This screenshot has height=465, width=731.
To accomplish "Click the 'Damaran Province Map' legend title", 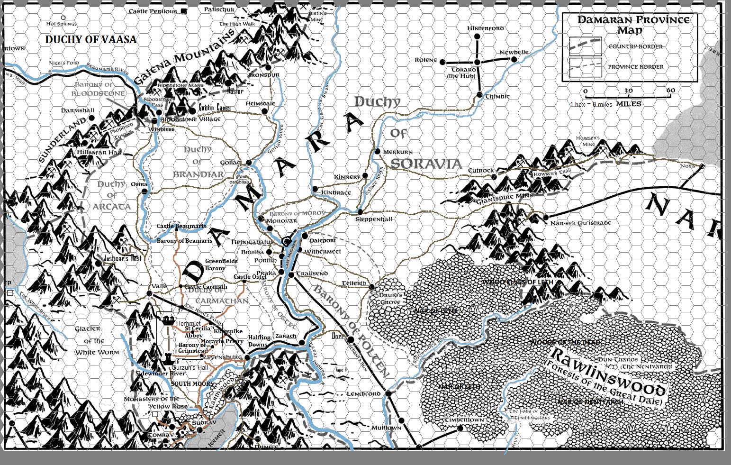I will click(633, 25).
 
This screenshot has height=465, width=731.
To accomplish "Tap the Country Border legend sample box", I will click(586, 46).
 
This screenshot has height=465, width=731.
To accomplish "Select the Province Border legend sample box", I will click(586, 67).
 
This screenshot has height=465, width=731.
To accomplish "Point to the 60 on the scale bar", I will click(671, 91).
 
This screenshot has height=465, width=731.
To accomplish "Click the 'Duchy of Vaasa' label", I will click(90, 40).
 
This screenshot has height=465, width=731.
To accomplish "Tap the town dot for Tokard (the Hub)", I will click(477, 62).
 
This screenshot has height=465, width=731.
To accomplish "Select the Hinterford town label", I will click(486, 28).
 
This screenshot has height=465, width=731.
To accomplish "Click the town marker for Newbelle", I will click(514, 59).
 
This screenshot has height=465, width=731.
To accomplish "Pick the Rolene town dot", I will click(442, 62).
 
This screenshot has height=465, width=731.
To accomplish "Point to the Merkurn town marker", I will click(378, 151).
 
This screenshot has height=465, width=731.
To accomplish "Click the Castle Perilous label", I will click(153, 11).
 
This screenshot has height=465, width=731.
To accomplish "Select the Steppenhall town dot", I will click(360, 211).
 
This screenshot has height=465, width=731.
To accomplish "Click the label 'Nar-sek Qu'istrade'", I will click(580, 223).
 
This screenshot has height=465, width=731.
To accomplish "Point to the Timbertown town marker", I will click(460, 428).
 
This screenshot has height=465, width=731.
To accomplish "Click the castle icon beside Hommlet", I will click(167, 321).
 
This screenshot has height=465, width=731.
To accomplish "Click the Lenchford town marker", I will click(388, 393).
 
